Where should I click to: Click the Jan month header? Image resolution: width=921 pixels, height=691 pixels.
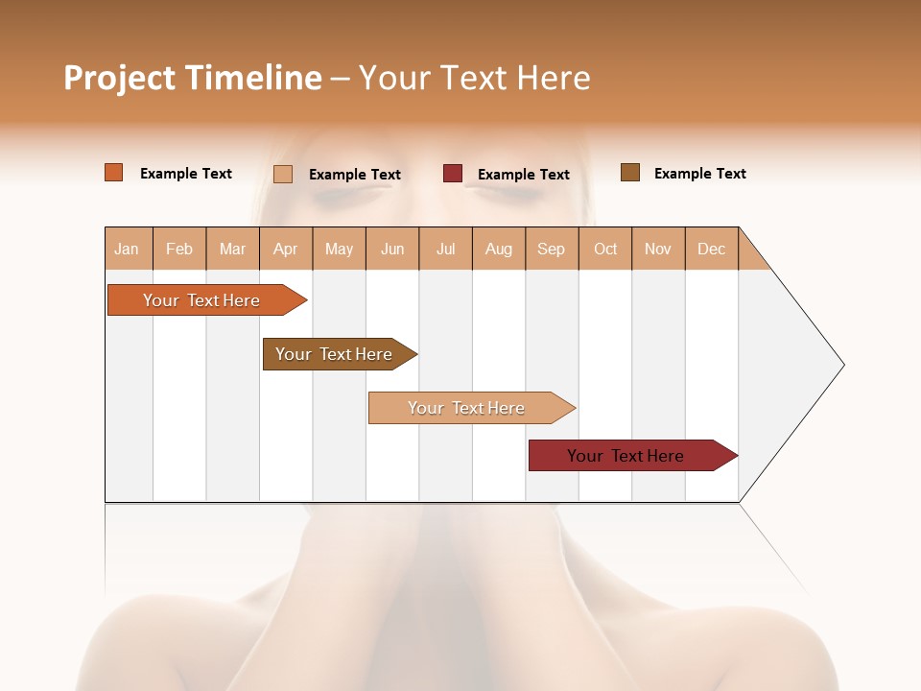pyautogui.click(x=127, y=249)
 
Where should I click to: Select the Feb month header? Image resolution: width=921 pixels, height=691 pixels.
pyautogui.click(x=179, y=249)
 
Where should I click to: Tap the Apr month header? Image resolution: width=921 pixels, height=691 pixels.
pyautogui.click(x=285, y=249)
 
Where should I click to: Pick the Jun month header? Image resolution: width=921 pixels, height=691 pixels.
pyautogui.click(x=392, y=249)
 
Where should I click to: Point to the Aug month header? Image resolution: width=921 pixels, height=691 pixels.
pyautogui.click(x=498, y=249)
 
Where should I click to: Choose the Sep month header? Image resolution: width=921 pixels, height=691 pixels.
pyautogui.click(x=551, y=249)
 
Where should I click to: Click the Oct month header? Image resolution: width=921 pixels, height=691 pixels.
pyautogui.click(x=605, y=249)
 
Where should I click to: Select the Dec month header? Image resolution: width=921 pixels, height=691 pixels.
pyautogui.click(x=711, y=249)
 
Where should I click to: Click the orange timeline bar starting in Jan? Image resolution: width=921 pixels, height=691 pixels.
pyautogui.click(x=201, y=300)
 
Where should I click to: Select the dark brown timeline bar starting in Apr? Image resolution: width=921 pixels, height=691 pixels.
pyautogui.click(x=334, y=354)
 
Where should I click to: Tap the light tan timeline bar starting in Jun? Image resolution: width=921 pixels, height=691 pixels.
pyautogui.click(x=466, y=408)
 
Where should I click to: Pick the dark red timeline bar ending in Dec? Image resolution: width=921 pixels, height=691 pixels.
pyautogui.click(x=626, y=456)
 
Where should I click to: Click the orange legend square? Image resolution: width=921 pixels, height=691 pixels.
pyautogui.click(x=114, y=173)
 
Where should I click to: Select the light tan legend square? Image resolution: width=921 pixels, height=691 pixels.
pyautogui.click(x=283, y=174)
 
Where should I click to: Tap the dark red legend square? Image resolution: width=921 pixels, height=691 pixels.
pyautogui.click(x=453, y=174)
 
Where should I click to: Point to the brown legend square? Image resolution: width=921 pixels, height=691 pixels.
pyautogui.click(x=630, y=173)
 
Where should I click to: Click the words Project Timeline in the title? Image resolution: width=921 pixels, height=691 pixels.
pyautogui.click(x=192, y=78)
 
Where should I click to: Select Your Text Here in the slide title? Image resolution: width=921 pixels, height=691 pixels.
pyautogui.click(x=474, y=78)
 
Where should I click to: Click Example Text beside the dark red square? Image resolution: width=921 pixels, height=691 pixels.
pyautogui.click(x=523, y=175)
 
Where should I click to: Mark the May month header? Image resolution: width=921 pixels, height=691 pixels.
pyautogui.click(x=339, y=249)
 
